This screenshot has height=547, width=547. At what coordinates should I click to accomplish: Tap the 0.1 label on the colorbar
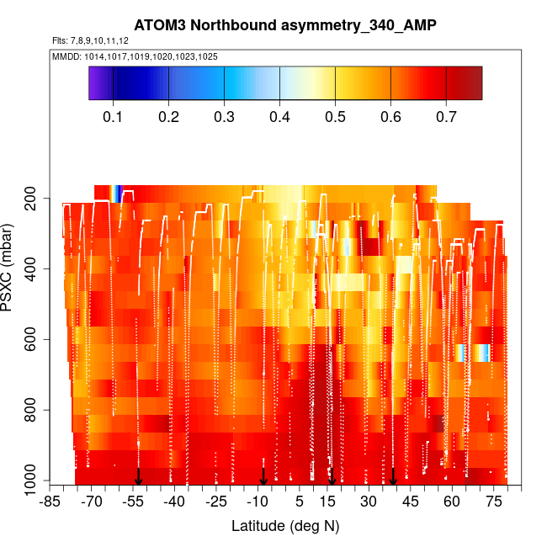pos(113,118)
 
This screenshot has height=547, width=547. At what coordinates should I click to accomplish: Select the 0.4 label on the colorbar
pos(279,118)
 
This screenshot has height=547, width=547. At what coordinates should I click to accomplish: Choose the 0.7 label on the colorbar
pos(446,118)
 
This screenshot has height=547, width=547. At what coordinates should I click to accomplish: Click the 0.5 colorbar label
pos(335,118)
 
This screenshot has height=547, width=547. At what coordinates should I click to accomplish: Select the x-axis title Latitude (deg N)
pos(284,526)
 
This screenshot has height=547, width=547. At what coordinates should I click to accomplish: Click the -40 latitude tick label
pos(174,502)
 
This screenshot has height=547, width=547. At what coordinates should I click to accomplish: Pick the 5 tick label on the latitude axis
pos(299,502)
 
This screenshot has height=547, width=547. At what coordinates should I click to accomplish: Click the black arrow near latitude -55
pos(139,476)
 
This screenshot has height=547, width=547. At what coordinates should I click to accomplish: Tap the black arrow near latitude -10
pos(263,476)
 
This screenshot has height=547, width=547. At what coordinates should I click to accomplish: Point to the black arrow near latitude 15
pos(332,476)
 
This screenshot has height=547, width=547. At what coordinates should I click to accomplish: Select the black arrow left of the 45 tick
pos(393,476)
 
